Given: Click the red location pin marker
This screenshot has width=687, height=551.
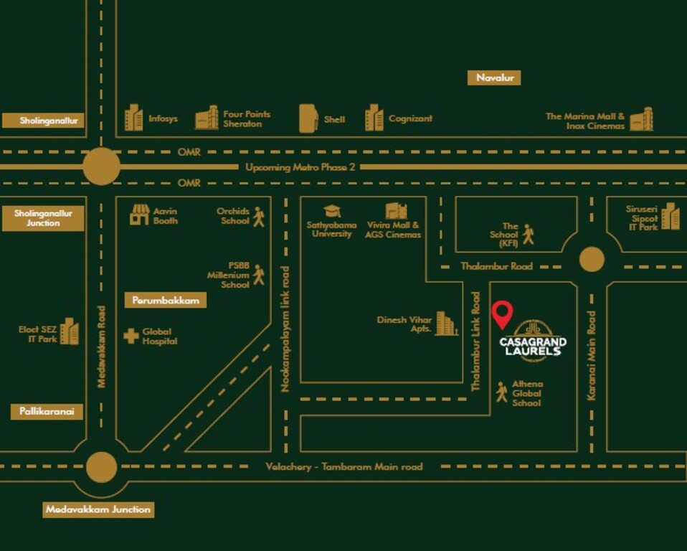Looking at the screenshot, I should pos(502,314).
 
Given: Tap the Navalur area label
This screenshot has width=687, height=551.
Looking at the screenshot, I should pos(494,77).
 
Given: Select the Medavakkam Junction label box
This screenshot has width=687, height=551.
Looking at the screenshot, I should pos(98,510).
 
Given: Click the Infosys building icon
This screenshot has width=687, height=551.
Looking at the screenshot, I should pos(133,118).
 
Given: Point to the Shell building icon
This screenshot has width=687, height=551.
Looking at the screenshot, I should pos(308,118).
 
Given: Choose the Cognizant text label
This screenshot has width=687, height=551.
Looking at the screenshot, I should pos(410,118).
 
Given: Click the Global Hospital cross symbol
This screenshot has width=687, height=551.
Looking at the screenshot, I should pos(131,336).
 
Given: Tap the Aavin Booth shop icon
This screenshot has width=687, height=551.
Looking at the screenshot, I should pos(139,215).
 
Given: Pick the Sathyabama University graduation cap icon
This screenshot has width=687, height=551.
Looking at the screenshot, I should pos(331,211).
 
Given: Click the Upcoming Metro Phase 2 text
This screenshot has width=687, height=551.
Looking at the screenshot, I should pos(300,167).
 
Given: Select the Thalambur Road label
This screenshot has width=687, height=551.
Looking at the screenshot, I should pos(496,266).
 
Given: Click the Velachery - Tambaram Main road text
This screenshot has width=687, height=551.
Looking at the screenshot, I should pos(344,466).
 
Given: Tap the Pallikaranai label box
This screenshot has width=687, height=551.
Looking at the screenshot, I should pos(47,412).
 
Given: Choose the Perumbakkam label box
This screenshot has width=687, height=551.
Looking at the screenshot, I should pos(165,301).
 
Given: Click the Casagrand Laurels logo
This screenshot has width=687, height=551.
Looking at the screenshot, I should pos(533,338).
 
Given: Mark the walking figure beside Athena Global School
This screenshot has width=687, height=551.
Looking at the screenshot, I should pos(501,392).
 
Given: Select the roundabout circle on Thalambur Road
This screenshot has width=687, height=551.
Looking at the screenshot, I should pos(592,259).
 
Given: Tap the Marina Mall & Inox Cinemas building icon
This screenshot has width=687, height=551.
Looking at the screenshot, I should pos(641,119).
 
